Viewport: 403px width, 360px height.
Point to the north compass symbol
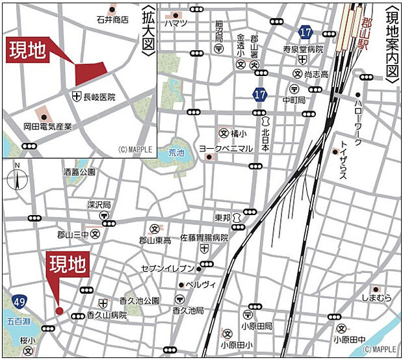tap(18, 177)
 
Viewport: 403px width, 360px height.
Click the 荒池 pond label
tap(176, 153)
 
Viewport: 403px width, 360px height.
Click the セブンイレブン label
tap(168, 268)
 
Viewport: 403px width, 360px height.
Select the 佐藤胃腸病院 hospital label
tap(204, 238)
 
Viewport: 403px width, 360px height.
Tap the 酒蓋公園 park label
tap(79, 172)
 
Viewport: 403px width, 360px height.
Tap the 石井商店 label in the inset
tap(112, 20)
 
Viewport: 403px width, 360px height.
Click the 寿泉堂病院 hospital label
tap(302, 48)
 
